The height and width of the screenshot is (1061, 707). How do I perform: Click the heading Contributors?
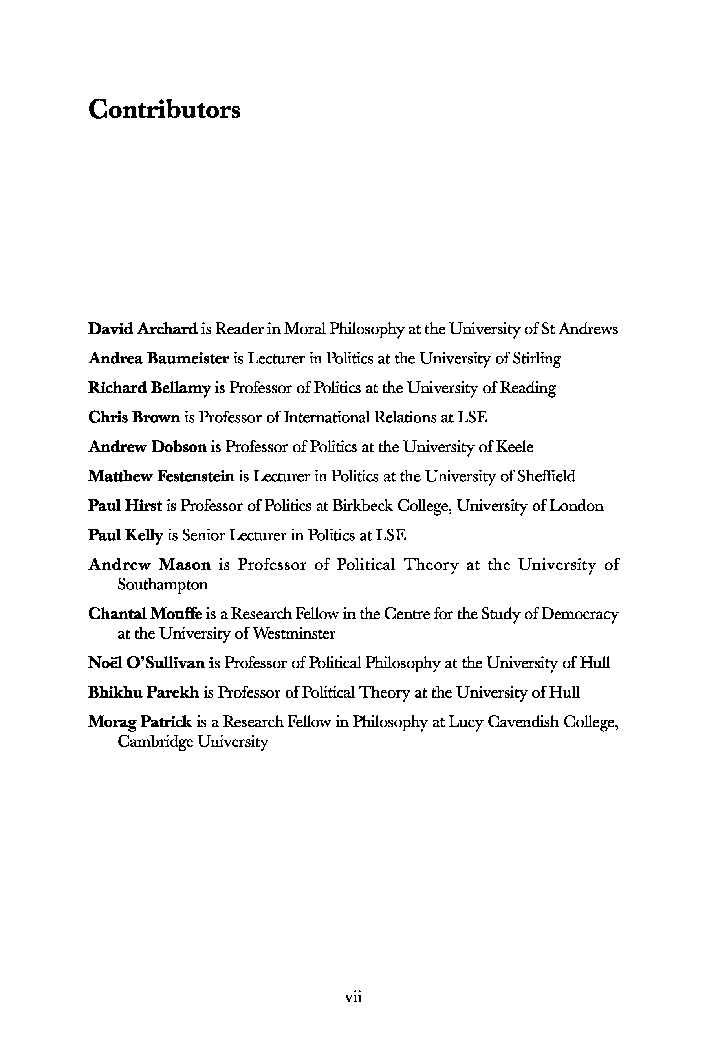[164, 110]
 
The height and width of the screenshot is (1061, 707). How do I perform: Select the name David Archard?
[143, 329]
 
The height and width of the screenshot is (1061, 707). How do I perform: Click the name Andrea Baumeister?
[159, 358]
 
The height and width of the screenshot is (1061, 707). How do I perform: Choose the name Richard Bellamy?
[149, 388]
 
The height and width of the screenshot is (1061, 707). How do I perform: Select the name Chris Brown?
[134, 417]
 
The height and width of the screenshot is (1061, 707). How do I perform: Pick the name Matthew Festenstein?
[161, 476]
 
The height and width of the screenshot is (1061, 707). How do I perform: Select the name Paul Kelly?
[125, 535]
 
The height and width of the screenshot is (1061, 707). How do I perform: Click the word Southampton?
[163, 585]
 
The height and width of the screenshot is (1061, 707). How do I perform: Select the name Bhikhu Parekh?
[143, 692]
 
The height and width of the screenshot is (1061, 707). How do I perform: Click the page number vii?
[353, 997]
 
